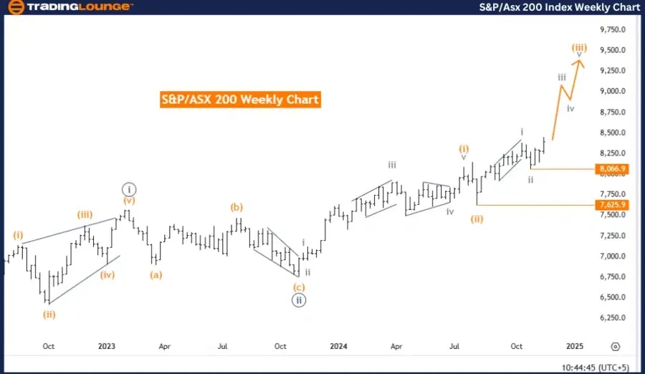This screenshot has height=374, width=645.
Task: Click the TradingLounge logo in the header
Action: pos(69,7)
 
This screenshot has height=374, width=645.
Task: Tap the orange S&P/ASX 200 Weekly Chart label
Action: pos(240,100)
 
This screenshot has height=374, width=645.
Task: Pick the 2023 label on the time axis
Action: pos(107,346)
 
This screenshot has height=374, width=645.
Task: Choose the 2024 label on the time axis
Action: pos(339,346)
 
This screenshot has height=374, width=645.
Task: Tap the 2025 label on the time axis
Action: pos(574,346)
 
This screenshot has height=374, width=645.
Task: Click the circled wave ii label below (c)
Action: pos(300,301)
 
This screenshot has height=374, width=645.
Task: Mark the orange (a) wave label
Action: pos(155,274)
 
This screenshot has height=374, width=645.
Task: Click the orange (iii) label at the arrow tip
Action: pos(579,47)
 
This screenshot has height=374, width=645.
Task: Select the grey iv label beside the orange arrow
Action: pos(570,108)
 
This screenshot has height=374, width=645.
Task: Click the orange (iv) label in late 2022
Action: pos(107,274)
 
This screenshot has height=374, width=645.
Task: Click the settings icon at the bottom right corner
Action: pos(615,346)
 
